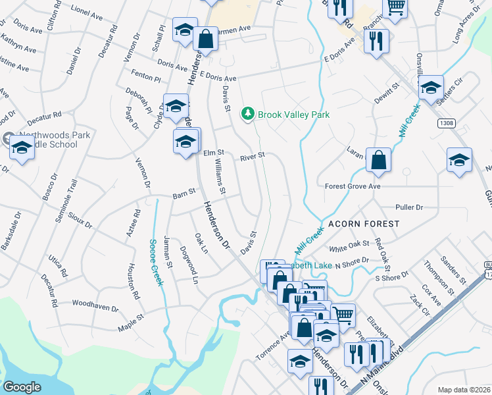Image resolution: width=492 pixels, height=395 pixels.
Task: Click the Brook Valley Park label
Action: pyautogui.click(x=293, y=115)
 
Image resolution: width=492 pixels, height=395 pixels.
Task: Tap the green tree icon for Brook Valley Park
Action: pyautogui.click(x=248, y=115)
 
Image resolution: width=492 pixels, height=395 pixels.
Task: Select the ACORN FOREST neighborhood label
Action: pyautogui.click(x=364, y=224)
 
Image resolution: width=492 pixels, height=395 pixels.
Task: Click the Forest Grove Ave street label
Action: pyautogui.click(x=353, y=186)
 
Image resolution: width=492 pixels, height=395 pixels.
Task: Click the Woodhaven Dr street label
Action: pyautogui.click(x=95, y=307)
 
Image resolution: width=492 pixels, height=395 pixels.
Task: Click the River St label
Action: pyautogui.click(x=252, y=157)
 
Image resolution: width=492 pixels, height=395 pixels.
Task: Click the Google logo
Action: pyautogui.click(x=22, y=387)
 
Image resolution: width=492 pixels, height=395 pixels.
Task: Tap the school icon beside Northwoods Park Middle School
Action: pyautogui.click(x=22, y=149)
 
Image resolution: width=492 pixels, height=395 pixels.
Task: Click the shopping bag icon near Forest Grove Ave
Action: pyautogui.click(x=379, y=160)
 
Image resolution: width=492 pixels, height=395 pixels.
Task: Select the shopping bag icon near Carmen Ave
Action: pyautogui.click(x=206, y=38)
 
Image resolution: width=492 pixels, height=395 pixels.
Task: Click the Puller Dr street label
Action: pyautogui.click(x=409, y=207)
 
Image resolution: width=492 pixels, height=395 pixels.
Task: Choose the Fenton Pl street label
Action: pyautogui.click(x=146, y=78)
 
